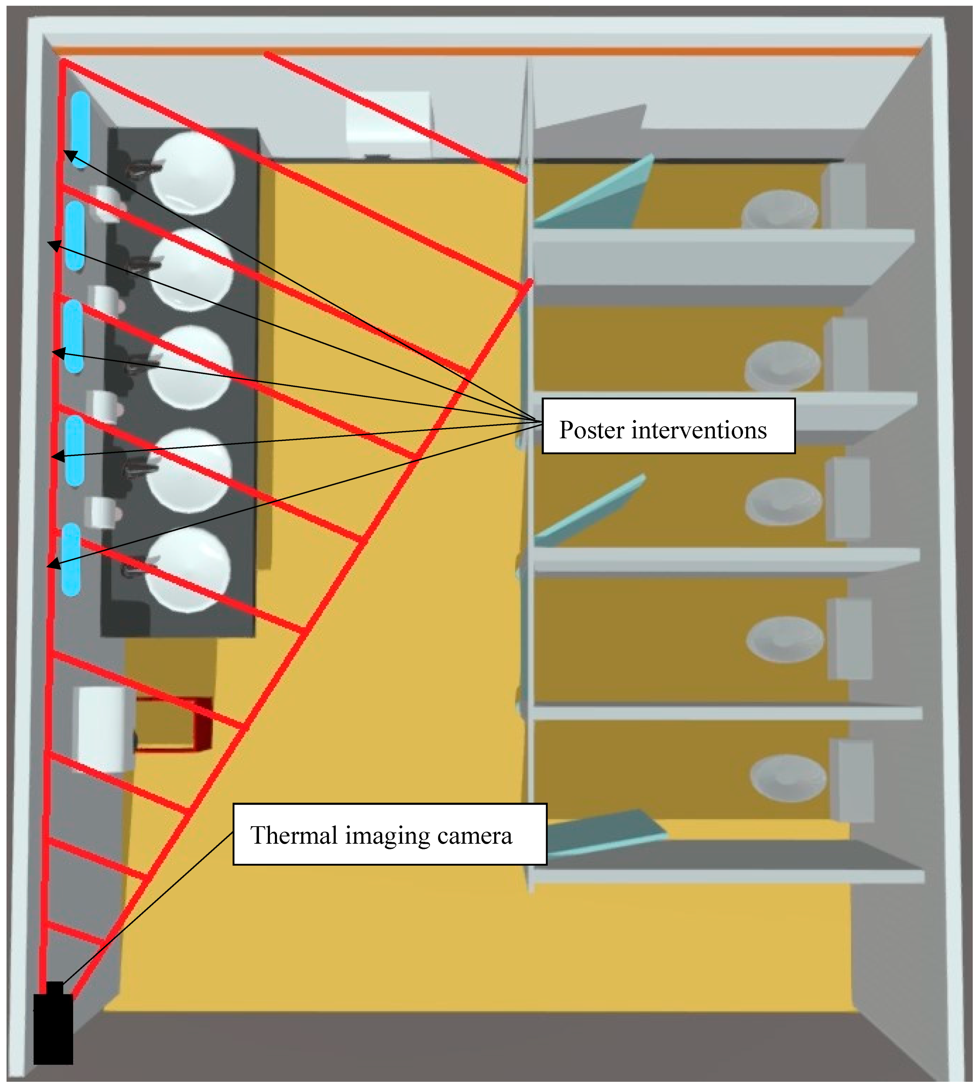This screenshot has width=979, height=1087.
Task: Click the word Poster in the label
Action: [x=591, y=430]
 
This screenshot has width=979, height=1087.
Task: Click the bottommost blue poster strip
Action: [x=71, y=559]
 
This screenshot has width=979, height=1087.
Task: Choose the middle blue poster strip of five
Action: [x=74, y=336]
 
